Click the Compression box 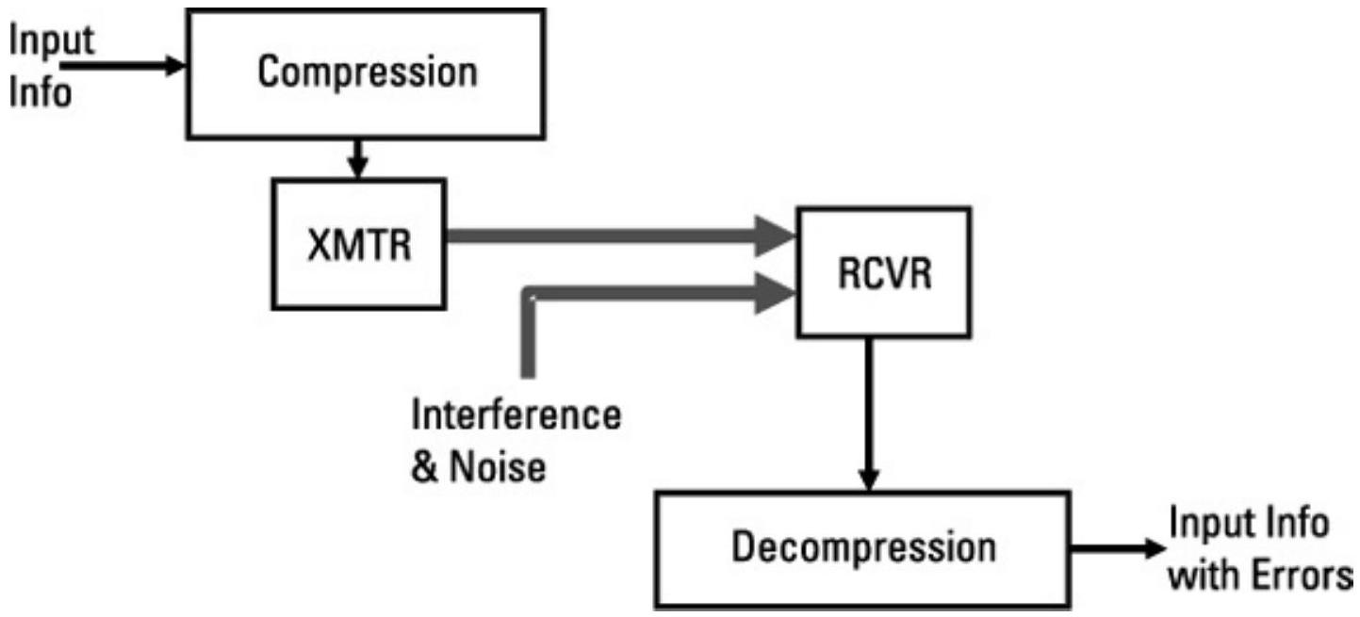pyautogui.click(x=368, y=73)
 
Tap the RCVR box pyautogui.click(x=882, y=272)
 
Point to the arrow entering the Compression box pyautogui.click(x=123, y=66)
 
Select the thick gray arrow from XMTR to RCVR pyautogui.click(x=613, y=235)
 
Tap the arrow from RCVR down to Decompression pyautogui.click(x=869, y=414)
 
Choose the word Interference pyautogui.click(x=516, y=415)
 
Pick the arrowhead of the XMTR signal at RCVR pyautogui.click(x=777, y=235)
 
